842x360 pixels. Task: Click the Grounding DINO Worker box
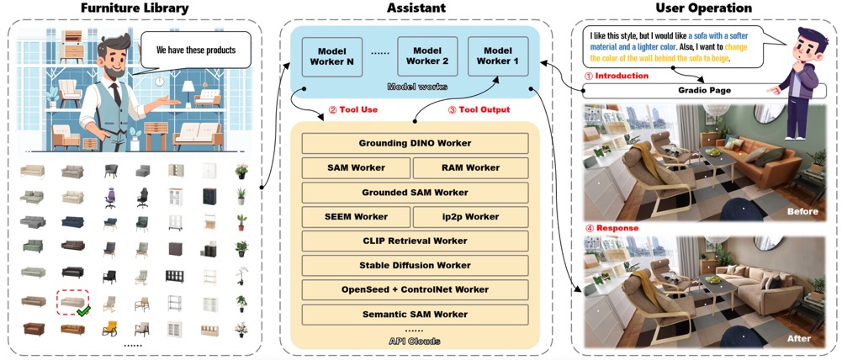pyautogui.click(x=415, y=143)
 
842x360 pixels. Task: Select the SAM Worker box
pyautogui.click(x=356, y=167)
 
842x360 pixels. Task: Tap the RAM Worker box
pyautogui.click(x=471, y=167)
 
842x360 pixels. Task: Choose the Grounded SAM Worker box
pyautogui.click(x=415, y=193)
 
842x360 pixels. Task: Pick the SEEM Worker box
pyautogui.click(x=356, y=217)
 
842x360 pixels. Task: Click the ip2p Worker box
pyautogui.click(x=471, y=217)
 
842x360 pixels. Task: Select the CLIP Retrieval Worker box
pyautogui.click(x=415, y=241)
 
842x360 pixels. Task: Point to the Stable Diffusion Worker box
pyautogui.click(x=415, y=266)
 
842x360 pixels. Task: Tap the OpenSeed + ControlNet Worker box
pyautogui.click(x=415, y=290)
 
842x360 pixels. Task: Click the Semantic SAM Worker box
pyautogui.click(x=415, y=315)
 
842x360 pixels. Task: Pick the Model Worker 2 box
pyautogui.click(x=427, y=56)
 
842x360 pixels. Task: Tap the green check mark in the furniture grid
pyautogui.click(x=82, y=312)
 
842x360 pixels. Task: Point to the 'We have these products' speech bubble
pyautogui.click(x=196, y=50)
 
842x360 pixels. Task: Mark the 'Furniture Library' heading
pyautogui.click(x=135, y=9)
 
